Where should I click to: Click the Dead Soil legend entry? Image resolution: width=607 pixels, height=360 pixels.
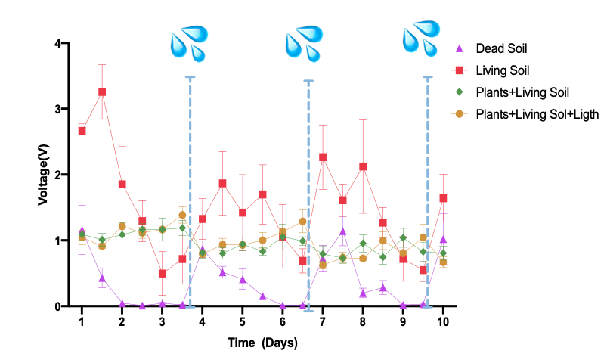pos(501,49)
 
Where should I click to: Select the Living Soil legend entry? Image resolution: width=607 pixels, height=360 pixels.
pos(502,71)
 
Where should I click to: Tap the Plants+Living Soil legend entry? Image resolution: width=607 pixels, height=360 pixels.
pos(522,92)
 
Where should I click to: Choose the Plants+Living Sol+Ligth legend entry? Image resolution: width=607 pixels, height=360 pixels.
pos(537,114)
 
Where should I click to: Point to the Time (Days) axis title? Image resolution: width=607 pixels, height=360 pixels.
pos(262,343)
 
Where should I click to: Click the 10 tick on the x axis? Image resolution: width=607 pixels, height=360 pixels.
pos(443,321)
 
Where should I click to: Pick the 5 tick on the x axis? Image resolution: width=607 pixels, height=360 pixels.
pos(242,321)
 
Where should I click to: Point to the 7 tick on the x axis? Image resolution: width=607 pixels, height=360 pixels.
pos(323,321)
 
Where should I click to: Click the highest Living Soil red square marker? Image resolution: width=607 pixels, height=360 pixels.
pos(102,92)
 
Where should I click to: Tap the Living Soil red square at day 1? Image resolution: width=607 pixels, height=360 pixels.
pos(82,131)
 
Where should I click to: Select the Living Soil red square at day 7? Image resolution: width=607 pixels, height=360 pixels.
pos(323,157)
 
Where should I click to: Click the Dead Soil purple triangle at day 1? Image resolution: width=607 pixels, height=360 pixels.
pos(82,231)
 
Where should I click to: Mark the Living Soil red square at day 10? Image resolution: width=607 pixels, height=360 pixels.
pos(443,198)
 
